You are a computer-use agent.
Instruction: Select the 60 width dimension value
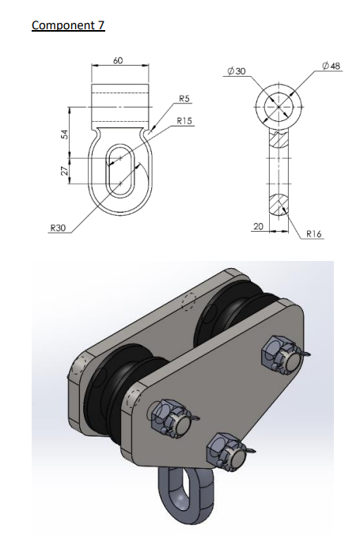point(118,59)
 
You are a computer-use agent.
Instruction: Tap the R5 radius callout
point(183,99)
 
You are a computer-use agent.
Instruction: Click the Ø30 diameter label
point(236,70)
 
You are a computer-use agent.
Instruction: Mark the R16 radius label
point(313,235)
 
